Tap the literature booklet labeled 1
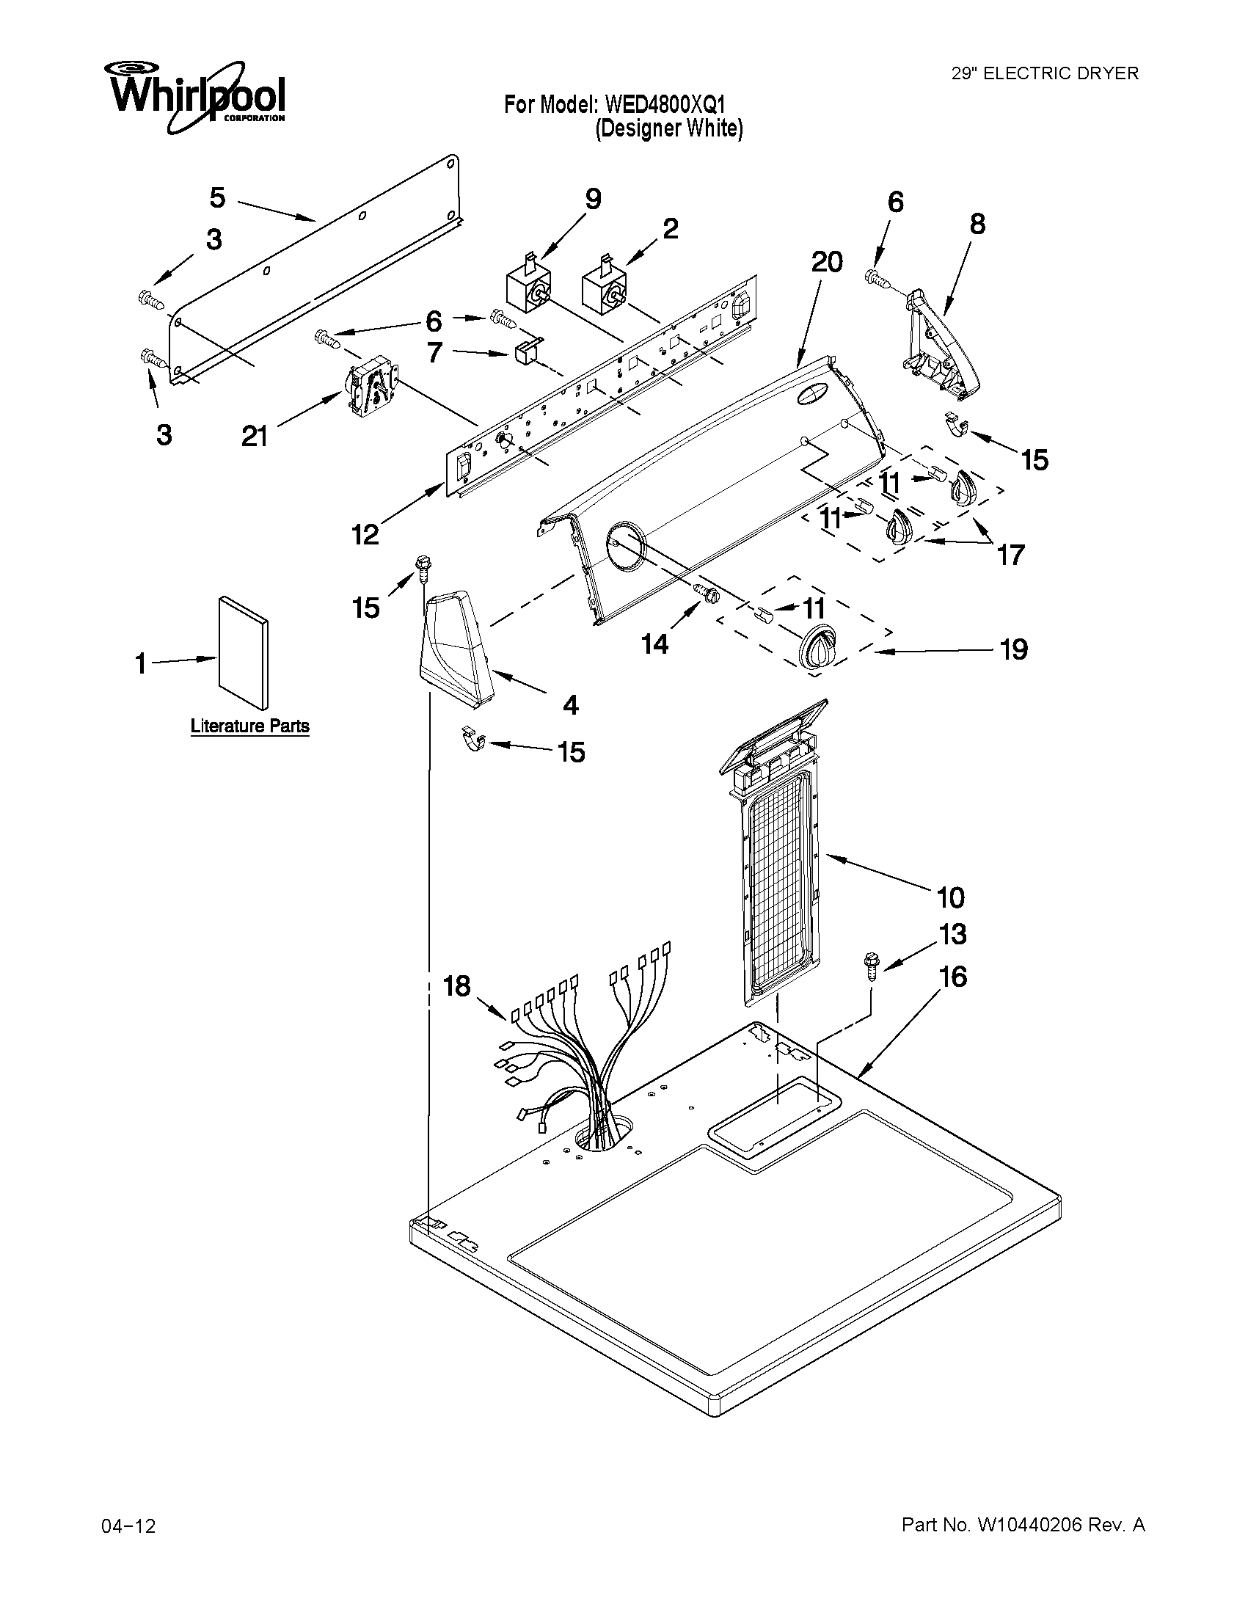[244, 652]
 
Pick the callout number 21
[254, 437]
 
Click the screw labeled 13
[871, 965]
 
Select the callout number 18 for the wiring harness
[457, 985]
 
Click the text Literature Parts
[250, 726]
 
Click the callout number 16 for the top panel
[953, 977]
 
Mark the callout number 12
[365, 534]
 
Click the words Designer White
[669, 128]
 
